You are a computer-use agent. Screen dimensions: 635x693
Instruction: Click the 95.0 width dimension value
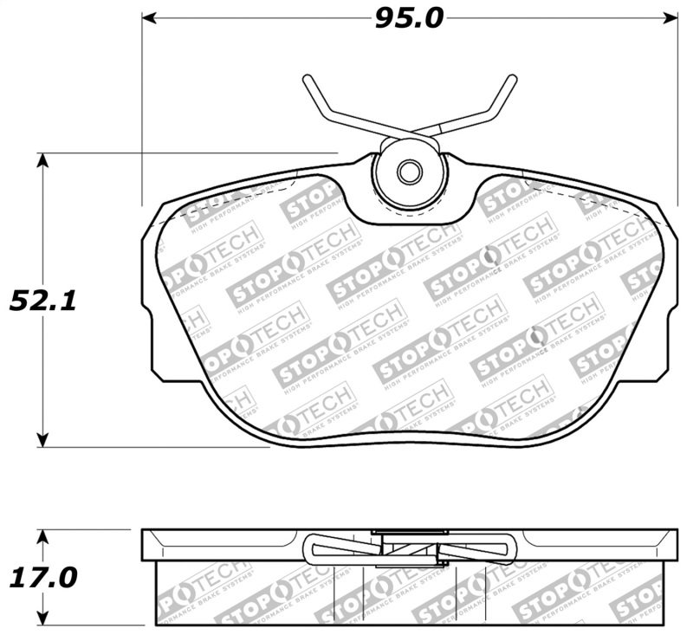tap(408, 18)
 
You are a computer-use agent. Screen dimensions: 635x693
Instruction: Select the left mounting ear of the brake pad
tap(152, 295)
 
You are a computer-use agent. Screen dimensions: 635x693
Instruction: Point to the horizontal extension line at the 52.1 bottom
tap(156, 448)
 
